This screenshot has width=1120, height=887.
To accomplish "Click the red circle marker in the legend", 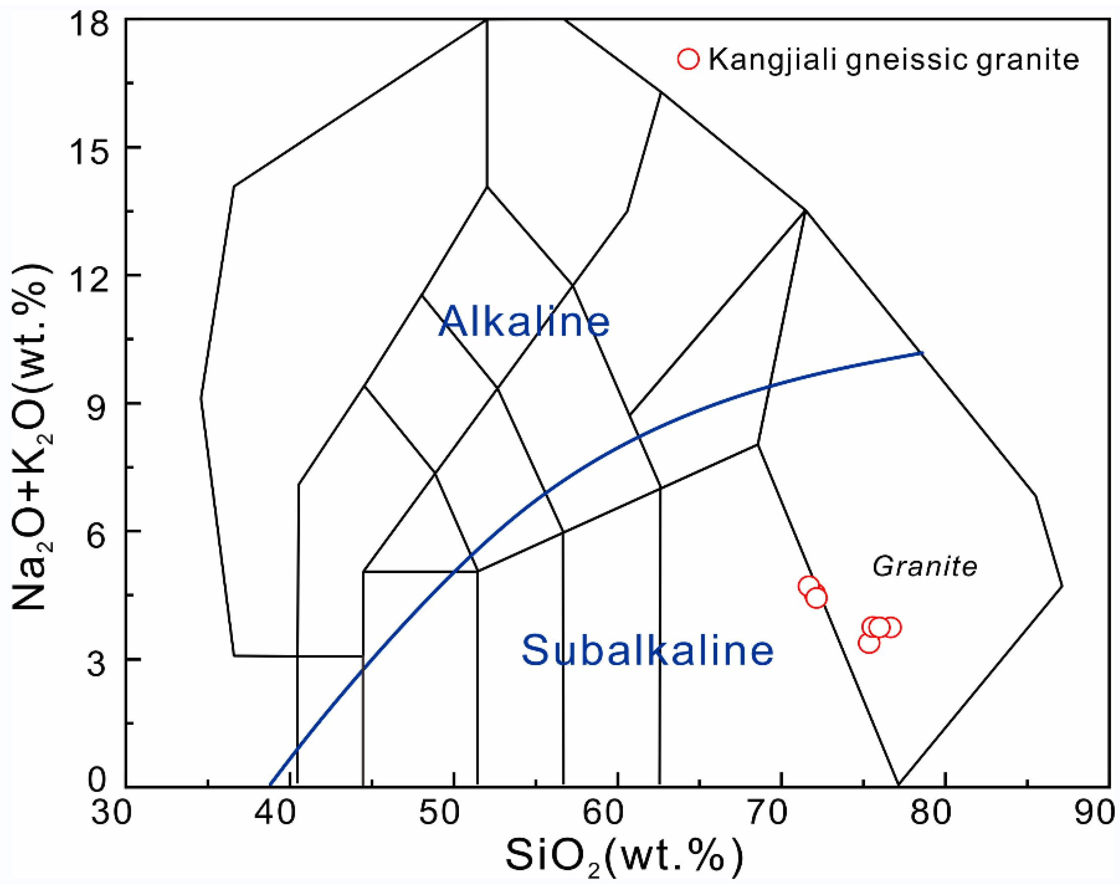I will [x=688, y=59].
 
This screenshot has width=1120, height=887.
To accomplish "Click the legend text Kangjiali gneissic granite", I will [x=894, y=60].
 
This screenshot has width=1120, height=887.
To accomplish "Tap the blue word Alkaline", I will [x=524, y=322].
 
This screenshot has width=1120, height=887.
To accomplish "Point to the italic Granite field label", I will [x=924, y=567].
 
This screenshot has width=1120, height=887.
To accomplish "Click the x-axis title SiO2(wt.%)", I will [x=624, y=859].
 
